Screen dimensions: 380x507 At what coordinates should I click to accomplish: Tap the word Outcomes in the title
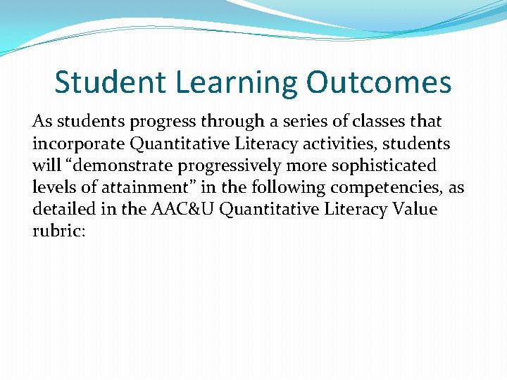(x=378, y=82)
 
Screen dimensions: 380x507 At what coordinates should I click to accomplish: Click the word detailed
(x=64, y=210)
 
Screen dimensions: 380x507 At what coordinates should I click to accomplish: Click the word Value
(x=413, y=210)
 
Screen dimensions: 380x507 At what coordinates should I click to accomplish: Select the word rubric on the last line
(x=58, y=232)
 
